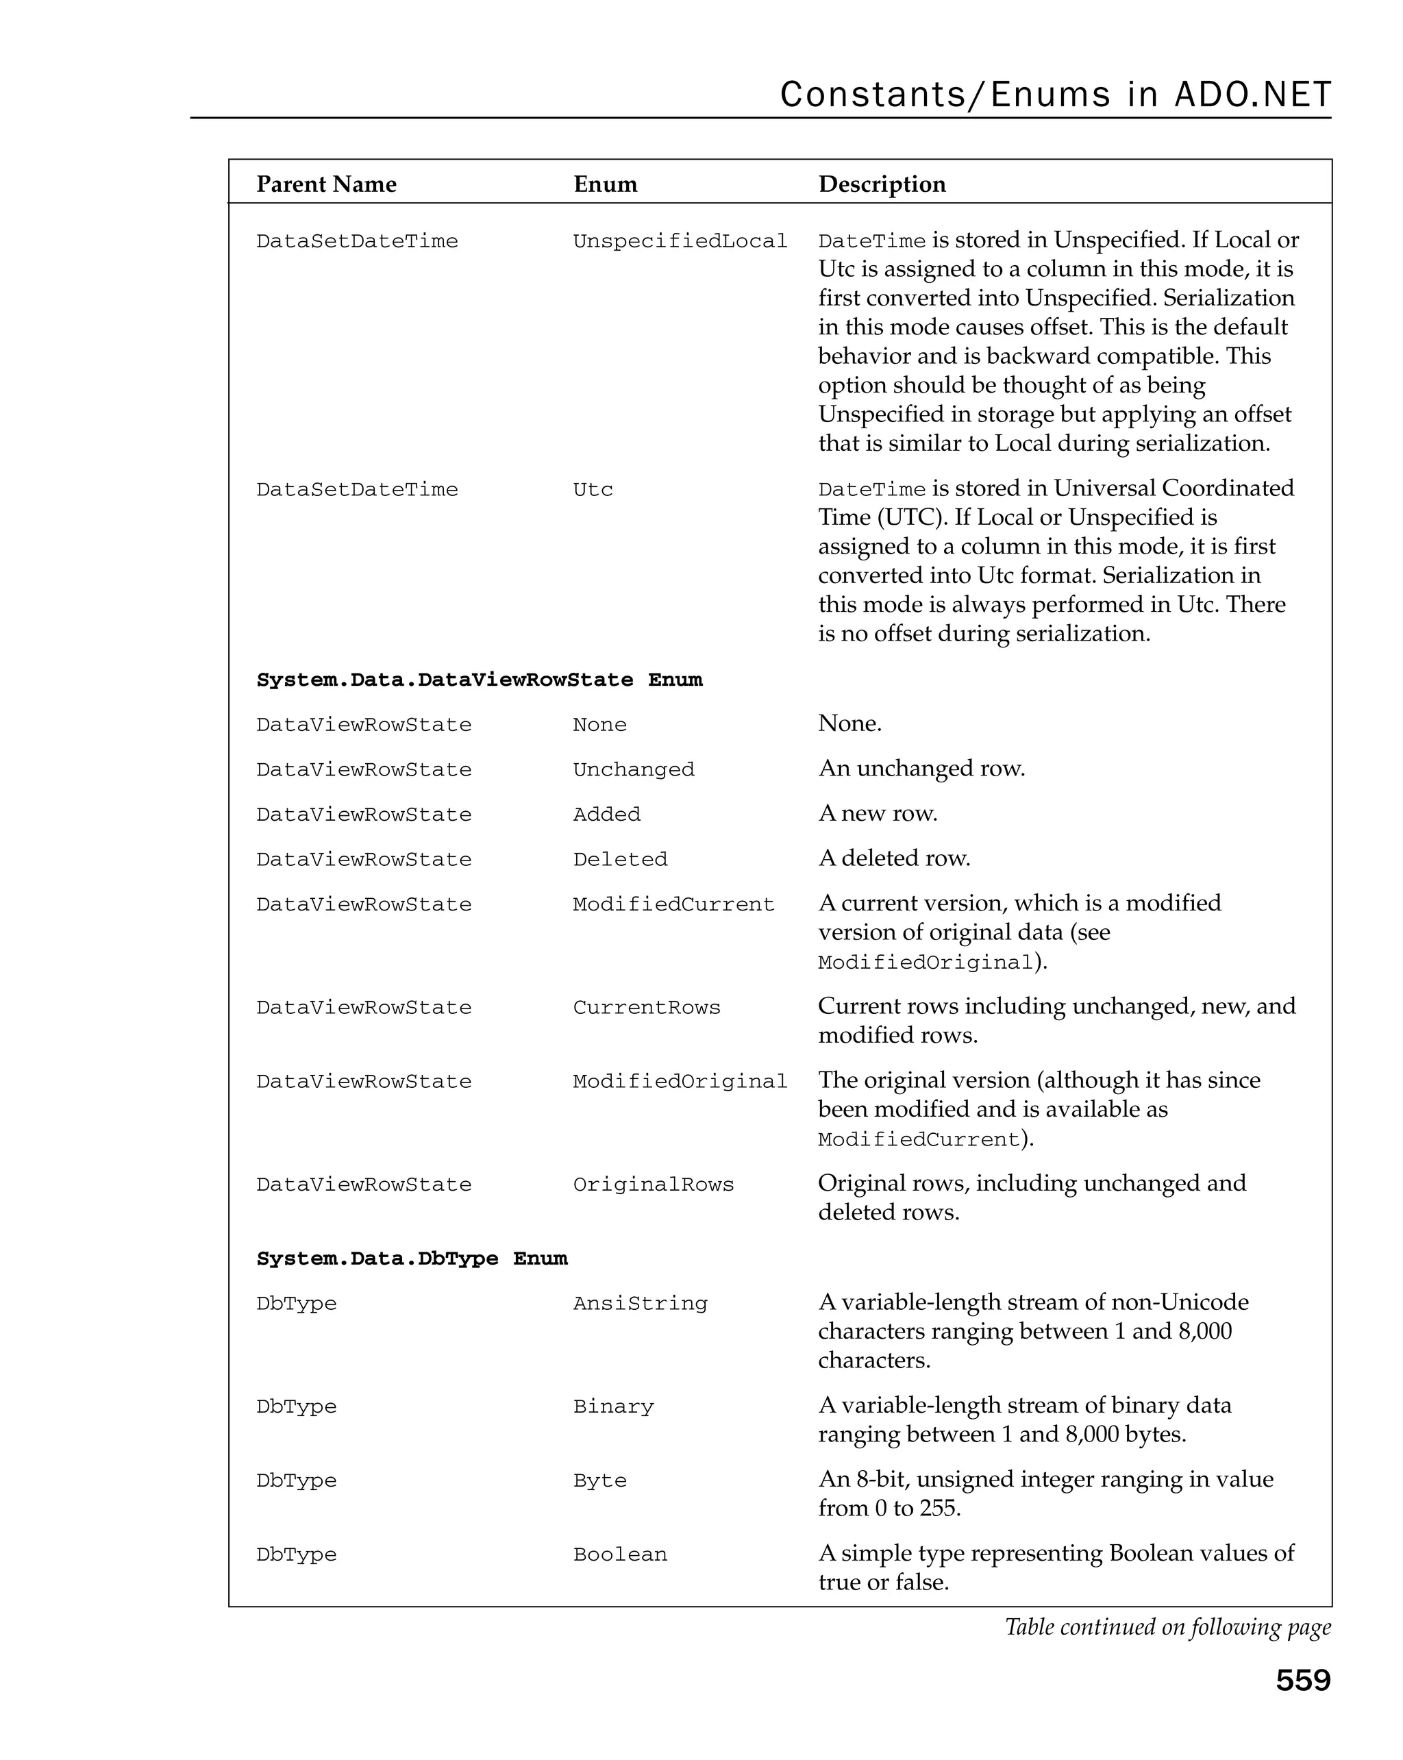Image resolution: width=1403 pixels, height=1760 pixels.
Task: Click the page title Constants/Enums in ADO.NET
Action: coord(1054,95)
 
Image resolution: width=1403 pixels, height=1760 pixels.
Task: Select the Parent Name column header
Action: coord(327,184)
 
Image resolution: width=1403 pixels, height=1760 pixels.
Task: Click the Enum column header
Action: coord(605,184)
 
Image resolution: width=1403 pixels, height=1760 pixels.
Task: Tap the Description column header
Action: coord(882,184)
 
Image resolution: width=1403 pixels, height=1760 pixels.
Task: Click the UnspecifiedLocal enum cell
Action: coord(680,242)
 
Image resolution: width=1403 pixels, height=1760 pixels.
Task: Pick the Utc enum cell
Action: coord(593,490)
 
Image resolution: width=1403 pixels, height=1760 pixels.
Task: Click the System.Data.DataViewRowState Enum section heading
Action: coord(479,680)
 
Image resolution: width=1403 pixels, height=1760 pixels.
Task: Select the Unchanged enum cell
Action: coord(634,770)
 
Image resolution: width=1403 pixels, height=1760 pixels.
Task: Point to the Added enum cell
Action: coord(606,815)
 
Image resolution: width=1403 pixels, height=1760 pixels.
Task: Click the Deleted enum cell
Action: coord(619,860)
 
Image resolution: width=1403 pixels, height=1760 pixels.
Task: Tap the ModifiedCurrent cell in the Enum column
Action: coord(673,904)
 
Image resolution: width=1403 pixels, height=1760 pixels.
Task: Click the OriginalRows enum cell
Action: coord(653,1185)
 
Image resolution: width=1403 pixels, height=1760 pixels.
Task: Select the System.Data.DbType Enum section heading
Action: coord(411,1259)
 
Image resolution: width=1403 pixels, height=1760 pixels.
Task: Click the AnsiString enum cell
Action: coord(640,1304)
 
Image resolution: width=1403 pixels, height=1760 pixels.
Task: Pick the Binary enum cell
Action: coord(613,1406)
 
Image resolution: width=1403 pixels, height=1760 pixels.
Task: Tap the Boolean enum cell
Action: coord(619,1554)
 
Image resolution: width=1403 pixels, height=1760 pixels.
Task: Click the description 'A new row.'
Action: coord(878,813)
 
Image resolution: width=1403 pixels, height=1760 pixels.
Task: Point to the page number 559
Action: coord(1302,1680)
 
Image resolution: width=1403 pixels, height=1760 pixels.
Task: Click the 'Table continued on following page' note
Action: coord(1167,1627)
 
